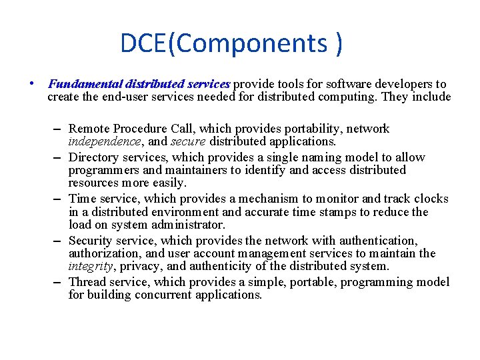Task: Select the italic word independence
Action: [x=104, y=141]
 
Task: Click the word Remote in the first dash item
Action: [x=90, y=129]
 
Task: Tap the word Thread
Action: [x=87, y=282]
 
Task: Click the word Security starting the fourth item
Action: [x=91, y=241]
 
